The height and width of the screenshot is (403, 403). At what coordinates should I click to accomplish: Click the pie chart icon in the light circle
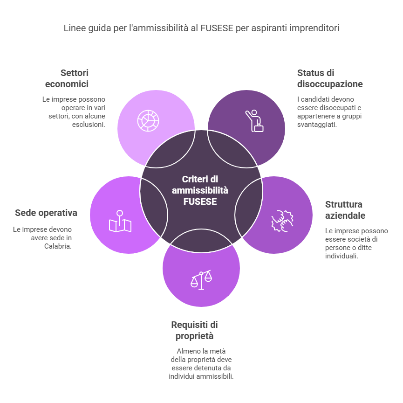pyautogui.click(x=148, y=121)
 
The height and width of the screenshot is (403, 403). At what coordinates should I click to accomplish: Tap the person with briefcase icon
pyautogui.click(x=254, y=121)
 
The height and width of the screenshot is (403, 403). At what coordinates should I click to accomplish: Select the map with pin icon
pyautogui.click(x=120, y=221)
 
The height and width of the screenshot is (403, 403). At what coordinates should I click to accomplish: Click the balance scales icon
pyautogui.click(x=201, y=280)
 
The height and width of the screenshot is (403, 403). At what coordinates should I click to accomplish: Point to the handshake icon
pyautogui.click(x=282, y=221)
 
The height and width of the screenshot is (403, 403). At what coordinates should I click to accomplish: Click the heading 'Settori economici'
pyautogui.click(x=67, y=78)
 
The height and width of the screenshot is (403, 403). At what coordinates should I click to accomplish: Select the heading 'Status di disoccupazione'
pyautogui.click(x=330, y=78)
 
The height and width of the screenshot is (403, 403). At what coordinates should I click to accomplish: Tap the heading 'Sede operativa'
pyautogui.click(x=46, y=213)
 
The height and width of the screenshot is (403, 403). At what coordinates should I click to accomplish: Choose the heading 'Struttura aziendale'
pyautogui.click(x=345, y=210)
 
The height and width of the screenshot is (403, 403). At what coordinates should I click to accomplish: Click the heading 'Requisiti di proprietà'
pyautogui.click(x=195, y=330)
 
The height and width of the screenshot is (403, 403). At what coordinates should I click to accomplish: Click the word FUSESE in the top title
pyautogui.click(x=217, y=28)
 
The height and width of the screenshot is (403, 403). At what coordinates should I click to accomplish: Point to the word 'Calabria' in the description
pyautogui.click(x=58, y=246)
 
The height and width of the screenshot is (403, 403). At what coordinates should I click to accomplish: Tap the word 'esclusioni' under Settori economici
pyautogui.click(x=89, y=125)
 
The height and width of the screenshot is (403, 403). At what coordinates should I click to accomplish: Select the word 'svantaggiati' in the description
pyautogui.click(x=317, y=125)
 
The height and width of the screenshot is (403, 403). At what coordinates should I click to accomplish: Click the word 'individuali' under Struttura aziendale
pyautogui.click(x=342, y=256)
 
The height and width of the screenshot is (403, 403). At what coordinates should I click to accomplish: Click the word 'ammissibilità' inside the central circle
pyautogui.click(x=200, y=190)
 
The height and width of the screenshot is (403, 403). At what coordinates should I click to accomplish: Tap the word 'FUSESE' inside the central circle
pyautogui.click(x=200, y=201)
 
